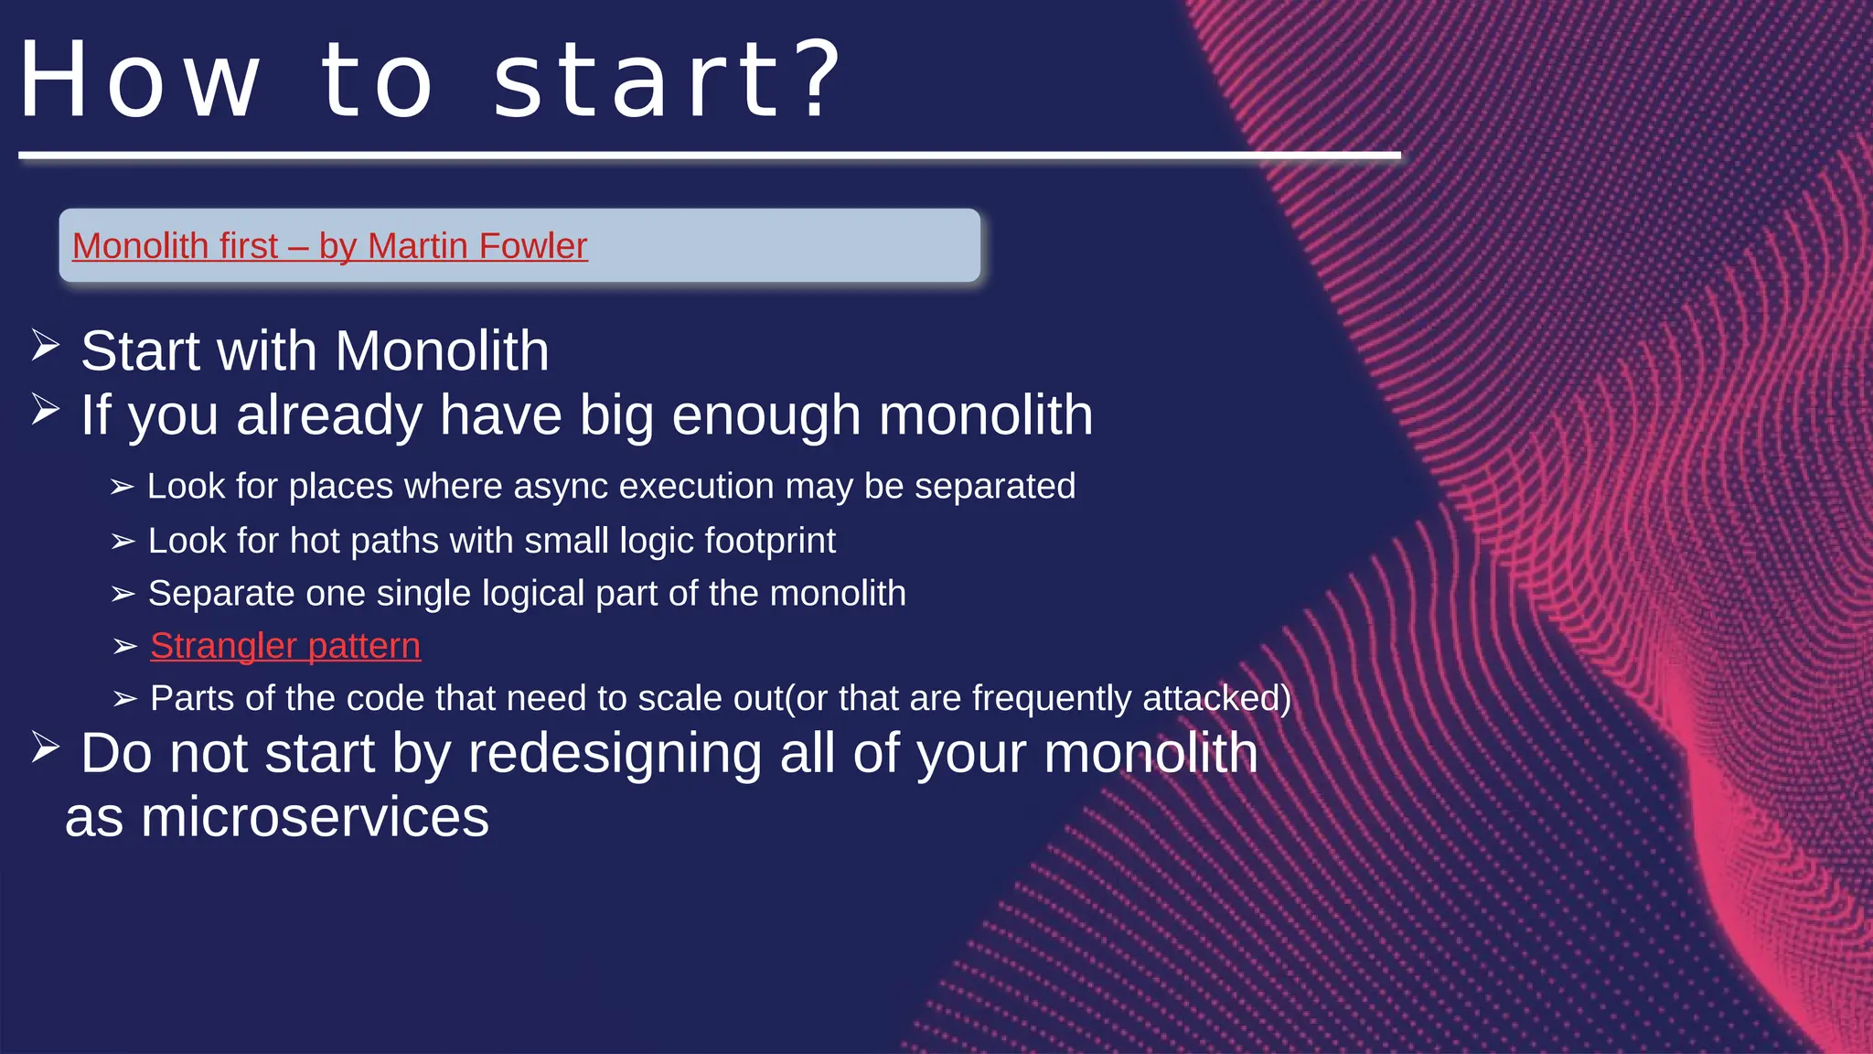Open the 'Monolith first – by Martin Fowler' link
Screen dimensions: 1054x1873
[x=329, y=246]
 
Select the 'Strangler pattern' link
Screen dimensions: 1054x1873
[x=284, y=646]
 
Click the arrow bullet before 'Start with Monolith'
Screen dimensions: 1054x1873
[x=45, y=346]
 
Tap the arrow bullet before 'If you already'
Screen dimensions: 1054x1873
[x=45, y=409]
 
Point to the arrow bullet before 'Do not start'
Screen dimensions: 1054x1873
[x=45, y=747]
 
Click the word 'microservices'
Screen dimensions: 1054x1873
[x=315, y=817]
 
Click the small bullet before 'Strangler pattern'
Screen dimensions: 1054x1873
[x=124, y=647]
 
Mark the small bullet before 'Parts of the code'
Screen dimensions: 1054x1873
[x=124, y=700]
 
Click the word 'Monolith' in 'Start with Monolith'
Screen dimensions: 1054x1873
[x=442, y=351]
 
